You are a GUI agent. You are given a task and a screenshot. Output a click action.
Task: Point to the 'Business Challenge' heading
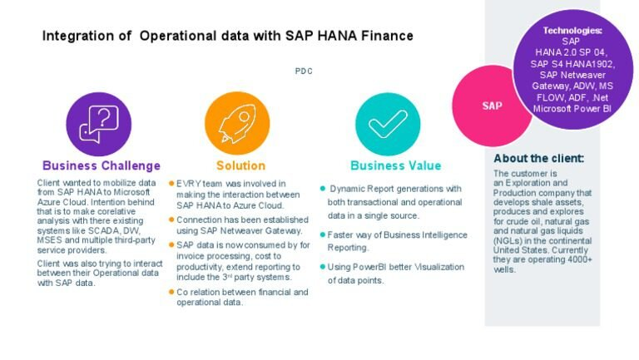click(x=102, y=165)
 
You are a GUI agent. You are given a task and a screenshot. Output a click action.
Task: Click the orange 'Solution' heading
click(x=240, y=165)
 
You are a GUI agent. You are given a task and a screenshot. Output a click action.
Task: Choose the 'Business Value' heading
click(x=395, y=165)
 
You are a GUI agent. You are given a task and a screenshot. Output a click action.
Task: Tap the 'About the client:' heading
click(x=538, y=158)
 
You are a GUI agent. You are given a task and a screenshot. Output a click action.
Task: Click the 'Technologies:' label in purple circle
click(x=572, y=31)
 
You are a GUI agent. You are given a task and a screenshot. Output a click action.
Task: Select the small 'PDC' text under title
click(x=304, y=72)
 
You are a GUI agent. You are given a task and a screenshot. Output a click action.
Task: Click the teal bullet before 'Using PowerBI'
click(x=323, y=267)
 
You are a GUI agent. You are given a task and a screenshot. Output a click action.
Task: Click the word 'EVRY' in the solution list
click(x=186, y=183)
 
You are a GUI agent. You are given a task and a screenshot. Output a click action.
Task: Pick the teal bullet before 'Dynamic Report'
click(x=323, y=189)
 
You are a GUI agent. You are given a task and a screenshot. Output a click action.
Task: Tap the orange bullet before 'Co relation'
click(x=171, y=292)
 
